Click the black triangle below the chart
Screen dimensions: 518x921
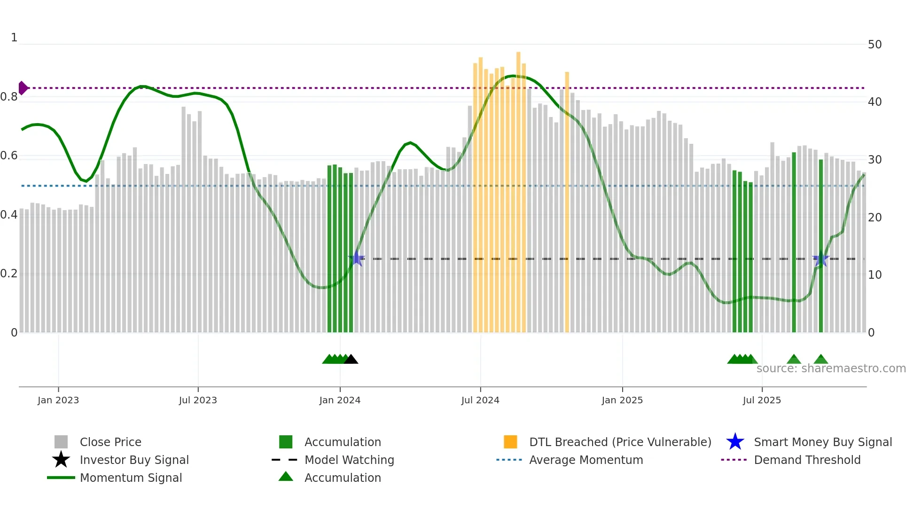[351, 359]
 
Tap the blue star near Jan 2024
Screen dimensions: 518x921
[357, 259]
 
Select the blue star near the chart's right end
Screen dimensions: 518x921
[820, 259]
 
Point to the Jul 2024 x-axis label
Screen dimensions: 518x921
[480, 400]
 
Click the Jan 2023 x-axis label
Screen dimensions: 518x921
[58, 400]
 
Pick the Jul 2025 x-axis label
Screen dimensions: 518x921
[762, 400]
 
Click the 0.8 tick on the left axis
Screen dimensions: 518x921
[9, 97]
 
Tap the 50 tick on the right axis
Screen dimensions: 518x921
[874, 45]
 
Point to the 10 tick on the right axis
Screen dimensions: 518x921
[874, 275]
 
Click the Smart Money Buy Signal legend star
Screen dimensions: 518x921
[735, 442]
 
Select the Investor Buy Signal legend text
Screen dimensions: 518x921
[134, 460]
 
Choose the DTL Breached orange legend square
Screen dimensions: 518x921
[510, 442]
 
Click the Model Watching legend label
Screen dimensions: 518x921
[349, 460]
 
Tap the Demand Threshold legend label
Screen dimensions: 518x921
[807, 460]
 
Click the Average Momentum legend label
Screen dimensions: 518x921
[586, 460]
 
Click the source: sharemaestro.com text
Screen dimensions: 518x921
[831, 369]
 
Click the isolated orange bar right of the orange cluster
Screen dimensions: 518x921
[567, 202]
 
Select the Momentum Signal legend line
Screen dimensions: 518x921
[61, 478]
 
